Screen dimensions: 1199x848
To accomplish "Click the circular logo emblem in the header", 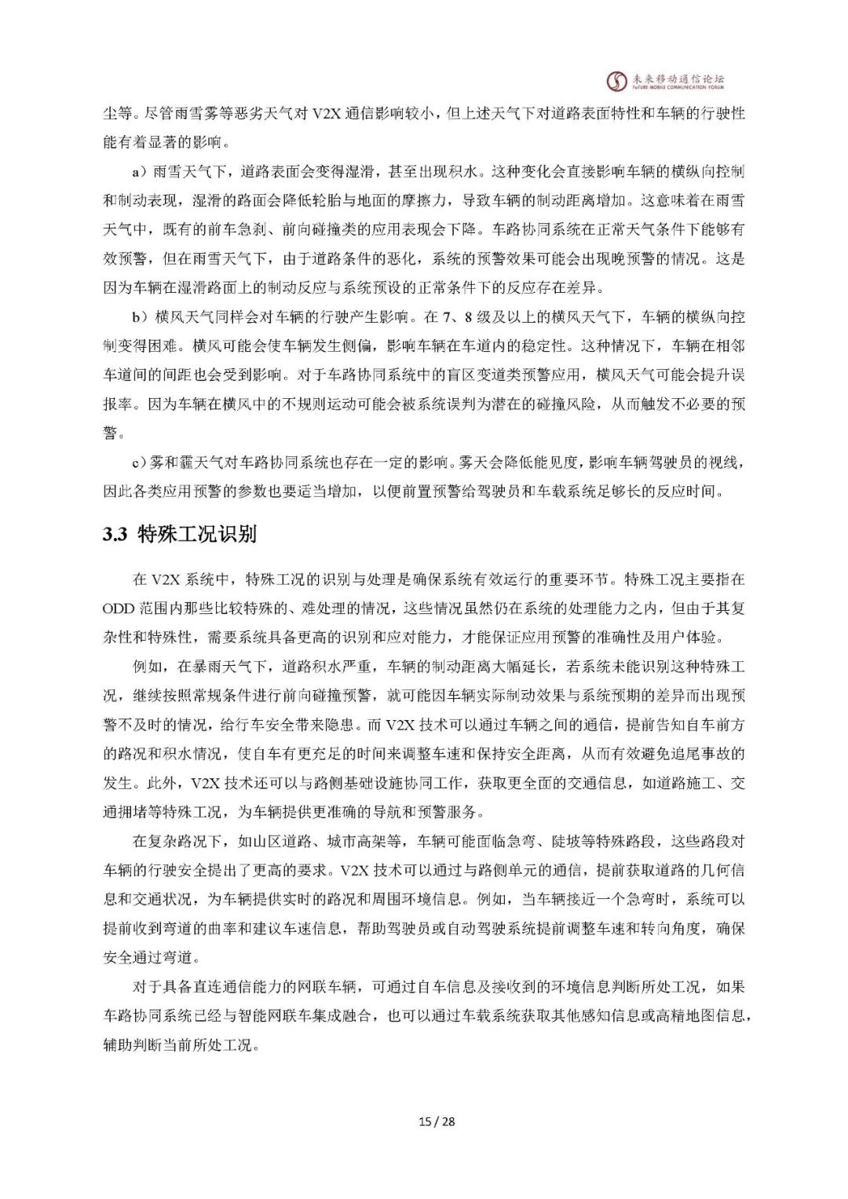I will (x=617, y=81).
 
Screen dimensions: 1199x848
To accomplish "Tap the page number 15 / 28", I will (x=437, y=1121).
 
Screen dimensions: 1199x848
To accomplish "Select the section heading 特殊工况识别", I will (x=197, y=535).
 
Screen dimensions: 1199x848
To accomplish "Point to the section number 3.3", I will (x=115, y=535).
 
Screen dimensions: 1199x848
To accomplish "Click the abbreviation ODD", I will (x=119, y=609).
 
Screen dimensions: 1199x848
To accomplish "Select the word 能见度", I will (x=556, y=462).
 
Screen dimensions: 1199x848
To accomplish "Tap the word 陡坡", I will (x=566, y=841).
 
